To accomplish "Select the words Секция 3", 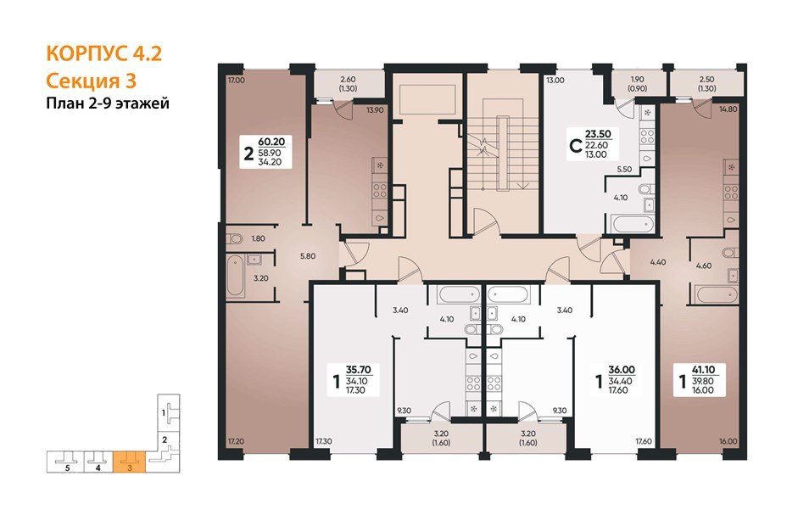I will [x=89, y=81].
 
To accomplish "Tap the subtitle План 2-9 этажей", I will [x=107, y=103].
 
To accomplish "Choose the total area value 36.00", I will [x=622, y=370].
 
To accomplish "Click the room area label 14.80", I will [x=727, y=109].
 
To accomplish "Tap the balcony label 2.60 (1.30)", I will [x=347, y=83].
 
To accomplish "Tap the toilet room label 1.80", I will [x=259, y=239].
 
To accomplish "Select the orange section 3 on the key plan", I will [x=129, y=461].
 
